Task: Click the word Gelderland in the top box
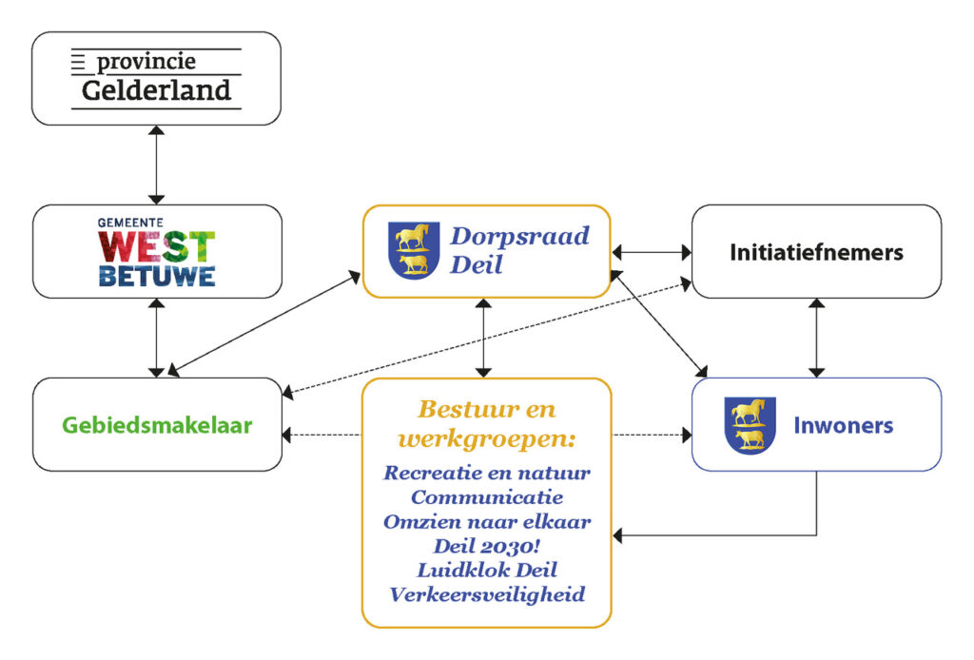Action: point(156,90)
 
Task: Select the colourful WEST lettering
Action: point(157,245)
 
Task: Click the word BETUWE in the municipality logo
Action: point(157,275)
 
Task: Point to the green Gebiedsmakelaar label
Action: point(157,425)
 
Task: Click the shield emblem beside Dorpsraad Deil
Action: point(414,249)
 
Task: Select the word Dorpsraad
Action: point(519,236)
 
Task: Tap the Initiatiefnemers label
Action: point(816,252)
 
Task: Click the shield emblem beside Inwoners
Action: point(750,424)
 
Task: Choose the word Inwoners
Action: point(843,425)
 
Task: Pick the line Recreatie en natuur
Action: point(487,472)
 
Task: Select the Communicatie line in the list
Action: point(487,496)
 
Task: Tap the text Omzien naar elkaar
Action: point(487,521)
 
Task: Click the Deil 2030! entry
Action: point(487,546)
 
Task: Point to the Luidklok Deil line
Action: point(487,571)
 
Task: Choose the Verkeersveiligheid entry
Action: point(487,595)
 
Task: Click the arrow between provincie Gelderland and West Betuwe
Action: point(157,165)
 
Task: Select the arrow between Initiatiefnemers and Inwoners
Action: point(816,338)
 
